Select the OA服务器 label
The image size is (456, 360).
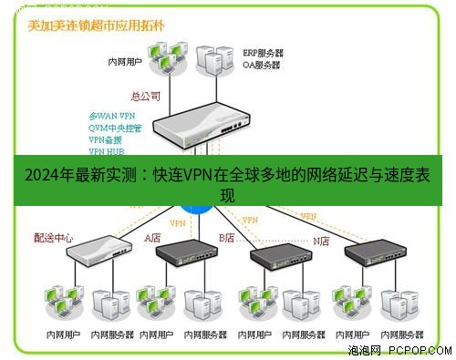coord(264,65)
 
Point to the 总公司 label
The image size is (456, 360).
coord(145,96)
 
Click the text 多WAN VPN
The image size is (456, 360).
coord(112,117)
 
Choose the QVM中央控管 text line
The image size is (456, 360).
coord(116,129)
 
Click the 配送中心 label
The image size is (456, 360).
coord(54,238)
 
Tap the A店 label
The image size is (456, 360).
coord(153,238)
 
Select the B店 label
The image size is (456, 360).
coord(226,238)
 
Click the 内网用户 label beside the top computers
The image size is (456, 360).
coord(126,64)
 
